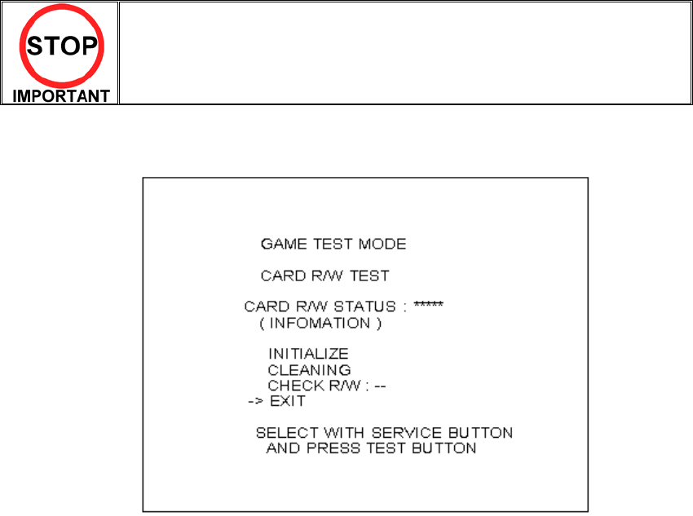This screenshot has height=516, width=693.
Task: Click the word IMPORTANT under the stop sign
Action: tap(61, 95)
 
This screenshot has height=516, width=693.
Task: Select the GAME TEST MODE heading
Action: tap(333, 244)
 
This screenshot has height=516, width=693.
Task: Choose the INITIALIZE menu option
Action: tap(308, 354)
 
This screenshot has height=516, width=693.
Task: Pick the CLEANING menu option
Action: tap(309, 369)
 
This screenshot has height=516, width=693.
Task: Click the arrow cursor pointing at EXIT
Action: tap(256, 401)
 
